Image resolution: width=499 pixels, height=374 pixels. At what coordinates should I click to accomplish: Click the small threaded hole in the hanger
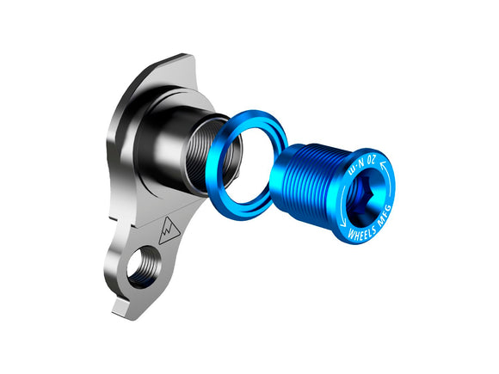(143, 266)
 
